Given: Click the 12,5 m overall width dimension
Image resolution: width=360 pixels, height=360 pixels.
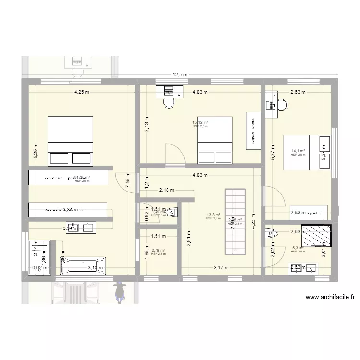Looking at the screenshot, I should click(x=180, y=74).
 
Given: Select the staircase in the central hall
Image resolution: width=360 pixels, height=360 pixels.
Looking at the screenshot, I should click(x=235, y=222).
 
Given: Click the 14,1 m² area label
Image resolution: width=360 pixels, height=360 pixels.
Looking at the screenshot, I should click(x=298, y=151).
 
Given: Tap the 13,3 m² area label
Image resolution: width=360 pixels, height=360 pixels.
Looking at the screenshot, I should click(x=213, y=215).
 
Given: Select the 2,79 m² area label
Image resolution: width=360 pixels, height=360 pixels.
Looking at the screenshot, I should click(x=158, y=250).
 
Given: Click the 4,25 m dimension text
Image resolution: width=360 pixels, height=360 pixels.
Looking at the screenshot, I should click(x=81, y=93).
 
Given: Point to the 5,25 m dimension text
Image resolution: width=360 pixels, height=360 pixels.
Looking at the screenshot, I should click(x=35, y=152).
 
